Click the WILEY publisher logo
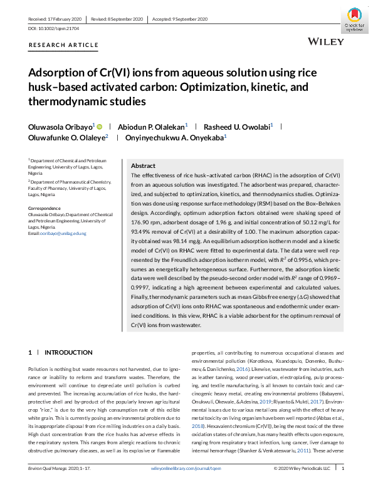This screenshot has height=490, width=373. [x=327, y=42]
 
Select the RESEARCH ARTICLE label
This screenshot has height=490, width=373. [x=64, y=46]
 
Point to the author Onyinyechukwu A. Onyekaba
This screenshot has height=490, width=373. [x=176, y=138]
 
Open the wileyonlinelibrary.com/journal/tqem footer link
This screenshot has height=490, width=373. [x=186, y=485]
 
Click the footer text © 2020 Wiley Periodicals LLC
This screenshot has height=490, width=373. [x=302, y=485]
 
